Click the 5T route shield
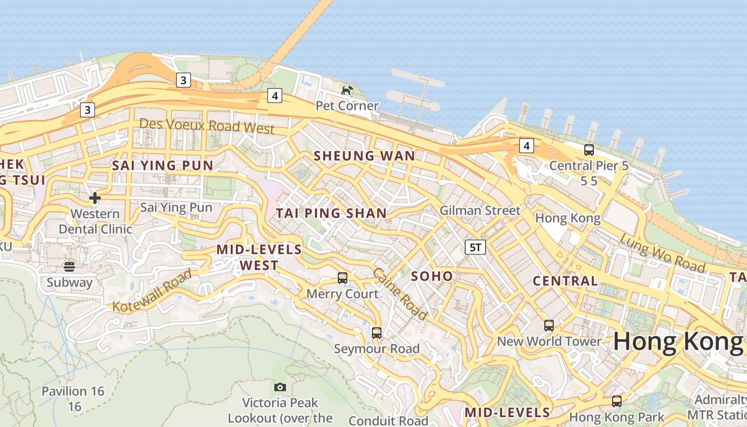(475, 247)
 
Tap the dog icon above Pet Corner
(347, 90)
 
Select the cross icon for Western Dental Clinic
(95, 198)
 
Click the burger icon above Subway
(69, 266)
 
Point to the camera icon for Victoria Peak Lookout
(280, 387)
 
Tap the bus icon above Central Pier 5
(589, 150)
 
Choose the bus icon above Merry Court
(343, 278)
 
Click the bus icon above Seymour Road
(377, 333)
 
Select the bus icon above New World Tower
(549, 326)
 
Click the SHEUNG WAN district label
(364, 156)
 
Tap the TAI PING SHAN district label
(331, 213)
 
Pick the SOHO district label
(432, 276)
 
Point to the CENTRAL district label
(566, 281)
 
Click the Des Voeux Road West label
(206, 126)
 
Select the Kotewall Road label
(152, 291)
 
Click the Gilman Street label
(480, 210)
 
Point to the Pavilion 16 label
(73, 391)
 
